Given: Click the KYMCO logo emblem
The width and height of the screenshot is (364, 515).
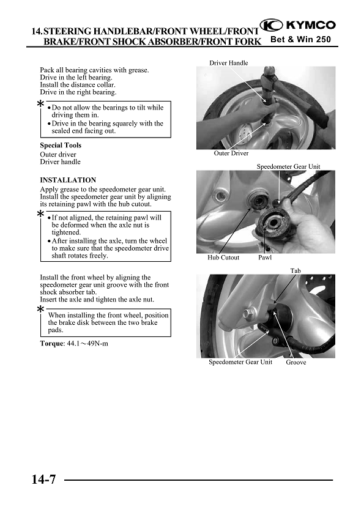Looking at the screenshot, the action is coord(271,25).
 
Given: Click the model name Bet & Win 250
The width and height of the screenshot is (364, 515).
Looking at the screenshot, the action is coord(300,39).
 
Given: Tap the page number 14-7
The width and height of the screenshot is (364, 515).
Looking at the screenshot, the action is coord(43,480).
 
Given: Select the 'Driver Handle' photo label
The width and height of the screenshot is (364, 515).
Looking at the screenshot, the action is coord(229,63).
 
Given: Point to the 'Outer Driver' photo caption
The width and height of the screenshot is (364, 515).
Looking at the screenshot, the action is coord(231,153).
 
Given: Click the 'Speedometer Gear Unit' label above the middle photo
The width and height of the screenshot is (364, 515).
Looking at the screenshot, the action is coord(288,166).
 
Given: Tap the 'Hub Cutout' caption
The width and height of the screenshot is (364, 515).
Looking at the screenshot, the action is coord(223,257).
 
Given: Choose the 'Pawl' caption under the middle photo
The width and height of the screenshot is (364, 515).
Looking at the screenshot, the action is coord(265,257).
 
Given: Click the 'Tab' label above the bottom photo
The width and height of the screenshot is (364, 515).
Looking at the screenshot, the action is coord(295,270).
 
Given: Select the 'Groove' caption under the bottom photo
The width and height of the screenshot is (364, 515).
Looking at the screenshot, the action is coord(295,362).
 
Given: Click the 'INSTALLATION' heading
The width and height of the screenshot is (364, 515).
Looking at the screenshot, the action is coord(68,180).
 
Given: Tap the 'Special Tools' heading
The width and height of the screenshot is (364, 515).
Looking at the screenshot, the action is coord(61,145).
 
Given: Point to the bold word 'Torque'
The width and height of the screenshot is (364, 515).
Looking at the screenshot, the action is coord(51,344).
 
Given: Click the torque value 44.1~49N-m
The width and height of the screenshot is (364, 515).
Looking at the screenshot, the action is coord(87,344).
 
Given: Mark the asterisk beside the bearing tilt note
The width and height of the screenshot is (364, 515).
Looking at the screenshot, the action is coord(40,104).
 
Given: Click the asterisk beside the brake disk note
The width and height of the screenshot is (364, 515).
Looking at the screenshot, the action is coord(40,309).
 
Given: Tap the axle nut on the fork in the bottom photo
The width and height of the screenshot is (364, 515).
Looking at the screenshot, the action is coord(248,314).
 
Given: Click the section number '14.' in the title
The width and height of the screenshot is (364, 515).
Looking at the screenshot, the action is coord(37,32).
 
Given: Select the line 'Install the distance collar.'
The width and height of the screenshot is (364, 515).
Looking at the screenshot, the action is coord(78,85).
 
